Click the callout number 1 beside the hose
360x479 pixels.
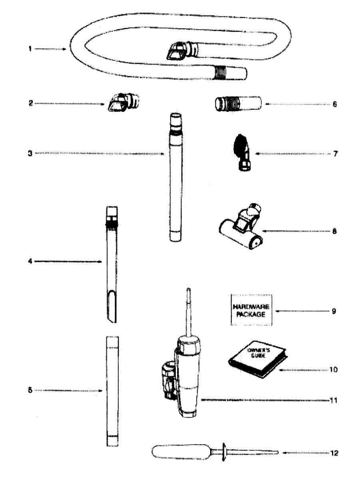pos(30,49)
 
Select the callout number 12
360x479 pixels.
pos(334,453)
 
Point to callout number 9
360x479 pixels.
pos(334,311)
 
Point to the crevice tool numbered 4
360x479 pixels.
pos(111,263)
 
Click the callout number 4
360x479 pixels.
pos(30,261)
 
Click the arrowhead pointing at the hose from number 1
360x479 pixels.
pos(65,49)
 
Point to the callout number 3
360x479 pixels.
pos(30,153)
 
